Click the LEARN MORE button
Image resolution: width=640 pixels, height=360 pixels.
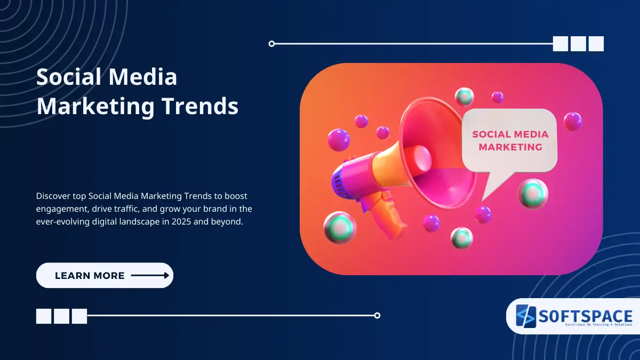[x=105, y=276]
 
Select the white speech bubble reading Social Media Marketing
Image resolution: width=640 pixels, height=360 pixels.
[x=509, y=140]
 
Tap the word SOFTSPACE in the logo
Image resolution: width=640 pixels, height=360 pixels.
[x=585, y=316]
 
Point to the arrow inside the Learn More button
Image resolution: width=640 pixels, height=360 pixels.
[x=150, y=276]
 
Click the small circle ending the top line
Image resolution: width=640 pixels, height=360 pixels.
[x=272, y=44]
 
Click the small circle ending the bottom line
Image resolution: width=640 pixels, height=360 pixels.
[x=377, y=315]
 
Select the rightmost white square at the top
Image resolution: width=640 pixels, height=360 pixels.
[x=596, y=44]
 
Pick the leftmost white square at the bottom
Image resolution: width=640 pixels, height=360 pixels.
[x=44, y=316]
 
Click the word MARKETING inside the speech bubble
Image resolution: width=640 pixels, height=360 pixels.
[x=510, y=147]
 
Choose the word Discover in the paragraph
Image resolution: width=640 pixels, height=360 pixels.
[x=53, y=196]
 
